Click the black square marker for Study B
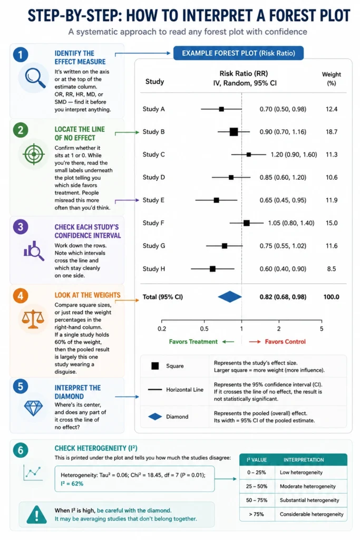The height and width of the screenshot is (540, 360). (233, 131)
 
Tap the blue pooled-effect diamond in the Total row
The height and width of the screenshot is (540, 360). (230, 297)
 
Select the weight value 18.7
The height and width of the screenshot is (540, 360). (332, 131)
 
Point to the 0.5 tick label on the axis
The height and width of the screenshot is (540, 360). (204, 329)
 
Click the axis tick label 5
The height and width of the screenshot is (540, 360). (322, 329)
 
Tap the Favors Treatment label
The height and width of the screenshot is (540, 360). (193, 342)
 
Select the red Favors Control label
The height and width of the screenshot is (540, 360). (285, 342)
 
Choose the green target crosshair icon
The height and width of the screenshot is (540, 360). (33, 154)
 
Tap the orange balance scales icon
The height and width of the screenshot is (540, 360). (33, 319)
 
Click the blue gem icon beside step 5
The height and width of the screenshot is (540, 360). (33, 409)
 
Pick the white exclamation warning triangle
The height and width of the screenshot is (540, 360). (36, 515)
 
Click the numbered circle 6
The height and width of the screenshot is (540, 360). (21, 450)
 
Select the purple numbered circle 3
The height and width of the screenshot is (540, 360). (21, 227)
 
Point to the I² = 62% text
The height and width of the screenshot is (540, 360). (72, 484)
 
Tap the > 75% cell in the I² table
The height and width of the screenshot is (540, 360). (256, 514)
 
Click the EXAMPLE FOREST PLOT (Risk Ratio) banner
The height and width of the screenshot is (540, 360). (239, 53)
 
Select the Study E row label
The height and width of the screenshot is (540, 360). (153, 200)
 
